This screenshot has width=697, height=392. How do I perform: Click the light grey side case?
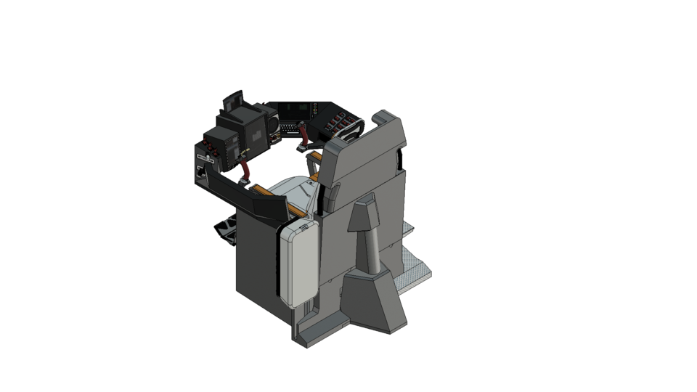click(298, 264)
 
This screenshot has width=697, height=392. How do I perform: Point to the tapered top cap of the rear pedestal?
click(363, 215)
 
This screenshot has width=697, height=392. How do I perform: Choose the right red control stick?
click(306, 137)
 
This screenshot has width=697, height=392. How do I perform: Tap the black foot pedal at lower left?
click(226, 231)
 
